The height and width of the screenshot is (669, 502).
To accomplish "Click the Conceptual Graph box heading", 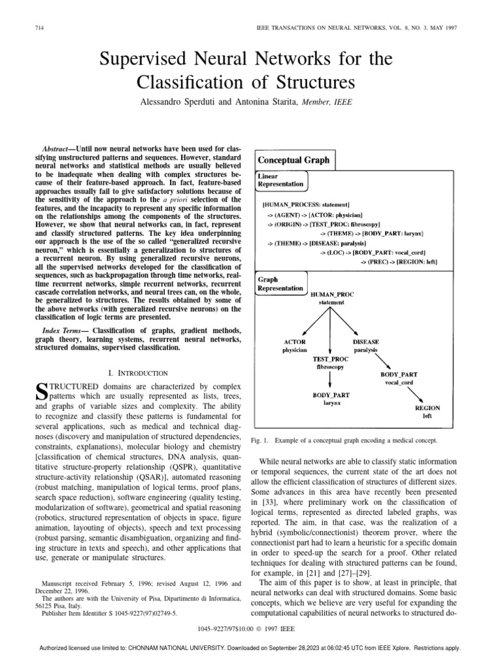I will [x=294, y=159].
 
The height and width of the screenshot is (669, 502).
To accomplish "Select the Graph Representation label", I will [x=280, y=284].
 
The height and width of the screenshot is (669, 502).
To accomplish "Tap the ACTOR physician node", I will [x=294, y=346].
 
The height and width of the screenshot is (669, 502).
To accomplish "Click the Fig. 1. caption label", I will [x=259, y=441].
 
